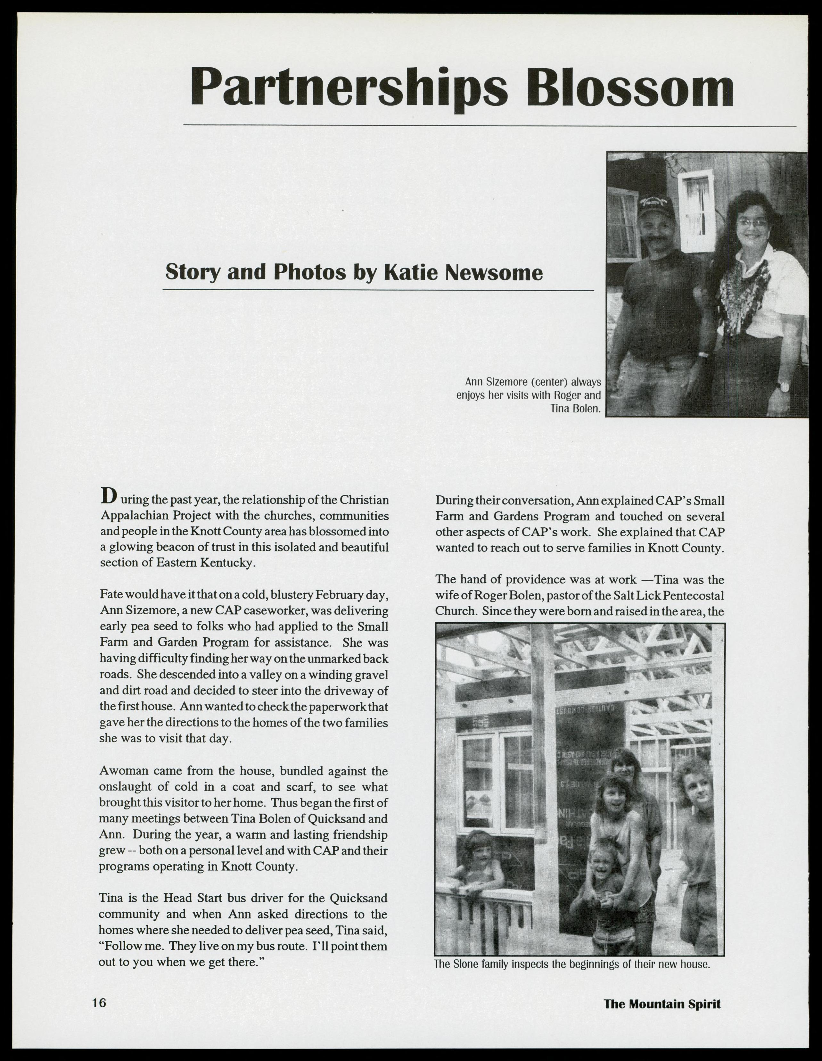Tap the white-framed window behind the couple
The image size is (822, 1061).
pos(695,209)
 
